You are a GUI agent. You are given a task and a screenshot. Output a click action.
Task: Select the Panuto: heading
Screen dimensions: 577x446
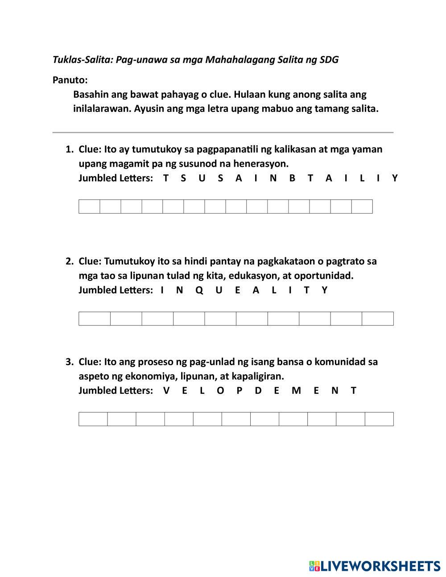(x=70, y=80)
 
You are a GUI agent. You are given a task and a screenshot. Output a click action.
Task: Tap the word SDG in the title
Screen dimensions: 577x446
(x=329, y=59)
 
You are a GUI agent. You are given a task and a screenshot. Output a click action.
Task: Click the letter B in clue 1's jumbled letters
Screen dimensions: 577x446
(x=292, y=178)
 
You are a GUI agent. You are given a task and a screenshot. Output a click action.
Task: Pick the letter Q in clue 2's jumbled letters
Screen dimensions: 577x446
(x=199, y=290)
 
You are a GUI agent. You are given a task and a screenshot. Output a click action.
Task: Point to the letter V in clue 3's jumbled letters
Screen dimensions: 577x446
(x=166, y=390)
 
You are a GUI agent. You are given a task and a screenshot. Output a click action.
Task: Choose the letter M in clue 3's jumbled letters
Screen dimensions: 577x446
(x=296, y=390)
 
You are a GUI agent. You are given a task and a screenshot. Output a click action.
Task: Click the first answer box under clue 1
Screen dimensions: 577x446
(x=89, y=206)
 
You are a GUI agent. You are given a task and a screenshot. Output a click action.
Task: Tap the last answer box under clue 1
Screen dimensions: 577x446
(x=362, y=206)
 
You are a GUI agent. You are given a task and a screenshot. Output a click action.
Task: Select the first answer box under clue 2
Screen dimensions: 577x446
(x=95, y=318)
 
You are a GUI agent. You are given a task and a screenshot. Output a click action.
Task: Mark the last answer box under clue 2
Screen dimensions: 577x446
(x=377, y=318)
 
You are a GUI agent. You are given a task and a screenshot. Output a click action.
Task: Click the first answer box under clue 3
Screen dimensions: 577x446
(x=93, y=419)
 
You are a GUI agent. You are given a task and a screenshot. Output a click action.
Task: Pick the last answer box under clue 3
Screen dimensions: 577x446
(x=379, y=419)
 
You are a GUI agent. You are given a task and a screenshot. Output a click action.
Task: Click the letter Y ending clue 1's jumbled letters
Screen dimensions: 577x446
(x=395, y=178)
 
